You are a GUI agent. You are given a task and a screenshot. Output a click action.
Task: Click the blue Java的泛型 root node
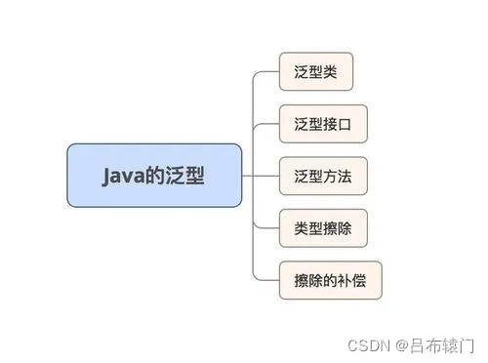pyautogui.click(x=154, y=176)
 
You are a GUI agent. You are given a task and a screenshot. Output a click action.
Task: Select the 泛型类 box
pyautogui.click(x=315, y=72)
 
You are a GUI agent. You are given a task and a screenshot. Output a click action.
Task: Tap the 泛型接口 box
pyautogui.click(x=323, y=124)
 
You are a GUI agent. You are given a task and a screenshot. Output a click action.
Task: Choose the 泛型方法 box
pyautogui.click(x=323, y=176)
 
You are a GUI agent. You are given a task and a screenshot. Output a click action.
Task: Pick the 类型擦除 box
pyautogui.click(x=323, y=227)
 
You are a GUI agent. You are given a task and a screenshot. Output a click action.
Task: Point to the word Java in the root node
pyautogui.click(x=122, y=176)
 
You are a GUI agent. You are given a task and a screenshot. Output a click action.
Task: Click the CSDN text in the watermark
pyautogui.click(x=363, y=343)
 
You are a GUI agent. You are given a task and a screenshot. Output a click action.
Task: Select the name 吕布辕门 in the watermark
pyautogui.click(x=439, y=343)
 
